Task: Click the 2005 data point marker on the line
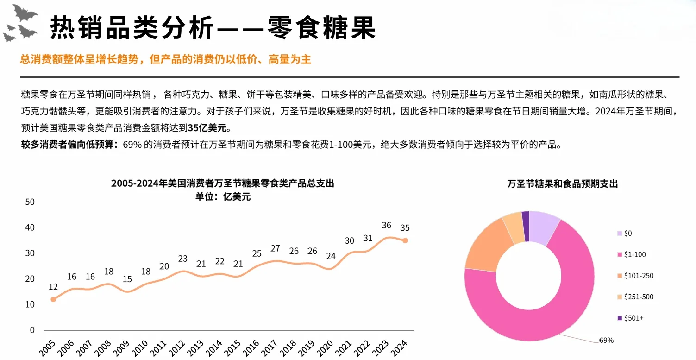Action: coord(53,299)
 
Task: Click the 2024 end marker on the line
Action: coord(405,240)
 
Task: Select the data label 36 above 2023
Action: coord(386,226)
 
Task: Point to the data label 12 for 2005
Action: coord(53,287)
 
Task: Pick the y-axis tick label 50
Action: coord(30,202)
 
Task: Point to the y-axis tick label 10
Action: coord(30,304)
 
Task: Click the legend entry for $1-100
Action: coord(634,254)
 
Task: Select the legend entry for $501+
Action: coord(633,318)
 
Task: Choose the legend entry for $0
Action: coord(627,234)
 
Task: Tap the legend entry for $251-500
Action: coord(638,297)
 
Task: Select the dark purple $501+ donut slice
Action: coord(525,227)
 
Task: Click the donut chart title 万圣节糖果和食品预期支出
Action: coord(562,184)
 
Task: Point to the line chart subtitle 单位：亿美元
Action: coord(223,196)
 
